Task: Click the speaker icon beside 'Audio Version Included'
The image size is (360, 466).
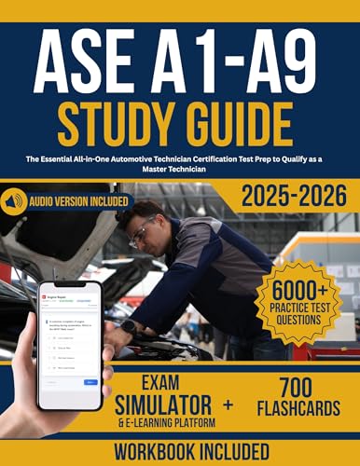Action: point(12,200)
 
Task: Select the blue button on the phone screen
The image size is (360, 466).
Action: point(90,381)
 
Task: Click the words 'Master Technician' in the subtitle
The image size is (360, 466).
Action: point(179,171)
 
